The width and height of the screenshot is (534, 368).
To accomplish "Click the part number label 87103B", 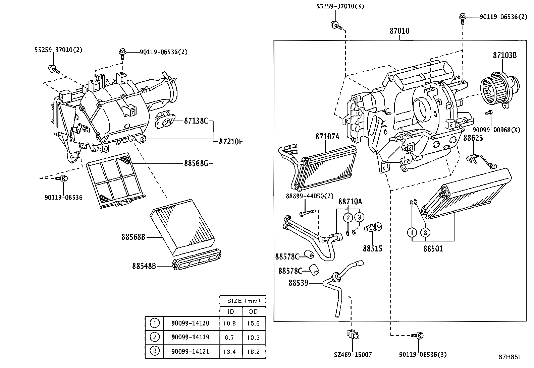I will coord(504,55).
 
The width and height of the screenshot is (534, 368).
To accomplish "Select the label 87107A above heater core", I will coord(327,136).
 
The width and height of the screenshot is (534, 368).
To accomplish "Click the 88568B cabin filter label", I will coord(133,237).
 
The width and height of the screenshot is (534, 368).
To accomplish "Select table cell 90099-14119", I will coord(190,337).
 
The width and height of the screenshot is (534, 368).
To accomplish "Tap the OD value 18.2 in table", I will coord(253,352).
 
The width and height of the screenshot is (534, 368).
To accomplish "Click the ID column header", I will coord(231,311).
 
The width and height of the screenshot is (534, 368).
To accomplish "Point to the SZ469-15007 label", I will coord(353,355).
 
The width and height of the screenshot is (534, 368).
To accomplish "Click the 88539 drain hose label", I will coord(298,283).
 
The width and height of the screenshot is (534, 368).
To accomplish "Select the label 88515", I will coord(372,248).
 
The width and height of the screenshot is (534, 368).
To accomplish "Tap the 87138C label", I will coord(196,121).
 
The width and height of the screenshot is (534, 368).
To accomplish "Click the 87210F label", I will coord(230,141).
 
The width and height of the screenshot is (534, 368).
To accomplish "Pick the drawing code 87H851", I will coord(510,357).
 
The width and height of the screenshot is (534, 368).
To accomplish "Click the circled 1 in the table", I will coord(154,323).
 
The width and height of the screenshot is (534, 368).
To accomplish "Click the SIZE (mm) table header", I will coord(242,301).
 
